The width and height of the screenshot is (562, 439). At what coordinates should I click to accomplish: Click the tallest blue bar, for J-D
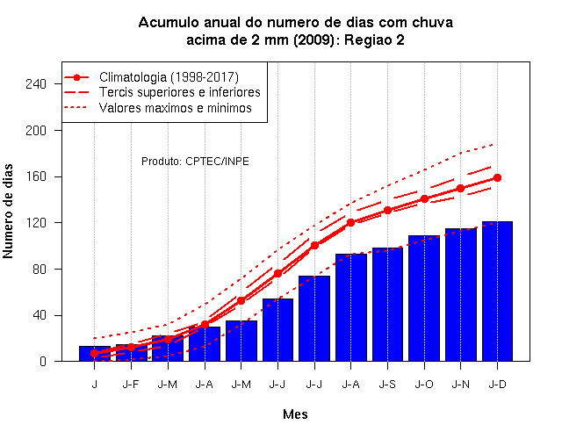(497, 291)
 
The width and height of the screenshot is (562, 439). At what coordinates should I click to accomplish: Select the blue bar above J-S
(387, 305)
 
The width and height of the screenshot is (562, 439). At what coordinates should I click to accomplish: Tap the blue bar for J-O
(424, 299)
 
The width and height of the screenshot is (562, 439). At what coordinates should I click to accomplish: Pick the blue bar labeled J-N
(460, 295)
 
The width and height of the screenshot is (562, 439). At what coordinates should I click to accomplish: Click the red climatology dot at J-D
(497, 177)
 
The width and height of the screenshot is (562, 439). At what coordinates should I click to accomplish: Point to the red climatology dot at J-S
(387, 211)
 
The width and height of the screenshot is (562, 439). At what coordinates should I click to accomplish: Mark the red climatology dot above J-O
(424, 199)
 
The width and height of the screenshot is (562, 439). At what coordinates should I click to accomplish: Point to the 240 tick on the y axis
(36, 84)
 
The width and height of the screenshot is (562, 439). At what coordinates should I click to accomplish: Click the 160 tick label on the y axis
(36, 176)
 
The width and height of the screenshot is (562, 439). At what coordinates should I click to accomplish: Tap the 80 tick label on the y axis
(40, 270)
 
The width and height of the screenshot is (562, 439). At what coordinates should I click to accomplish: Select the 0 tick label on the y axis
(43, 361)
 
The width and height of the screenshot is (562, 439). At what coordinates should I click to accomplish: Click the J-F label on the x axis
(131, 385)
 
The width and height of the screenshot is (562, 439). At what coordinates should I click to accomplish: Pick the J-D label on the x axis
(498, 385)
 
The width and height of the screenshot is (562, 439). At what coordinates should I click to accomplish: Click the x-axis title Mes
(295, 414)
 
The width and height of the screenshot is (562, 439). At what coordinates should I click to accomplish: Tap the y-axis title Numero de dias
(8, 212)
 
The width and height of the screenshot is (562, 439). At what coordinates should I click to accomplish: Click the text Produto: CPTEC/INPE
(195, 162)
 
